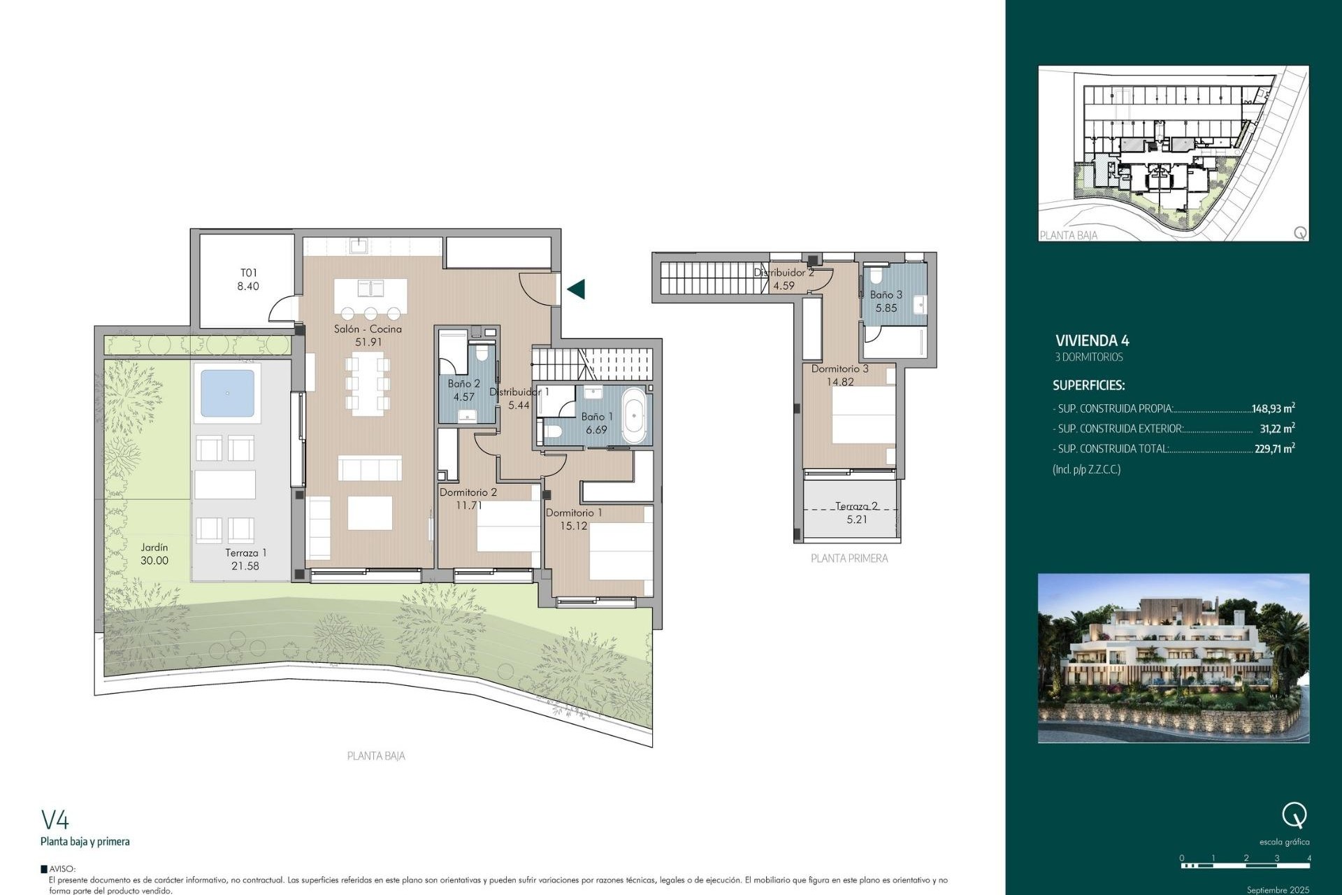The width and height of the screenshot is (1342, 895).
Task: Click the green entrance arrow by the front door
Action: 577,289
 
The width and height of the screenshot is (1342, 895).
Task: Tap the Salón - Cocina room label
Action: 368,329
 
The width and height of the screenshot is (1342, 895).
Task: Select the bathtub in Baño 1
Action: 635,416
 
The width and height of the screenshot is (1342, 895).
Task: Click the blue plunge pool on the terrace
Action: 227,393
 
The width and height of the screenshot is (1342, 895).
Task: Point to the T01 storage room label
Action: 248,273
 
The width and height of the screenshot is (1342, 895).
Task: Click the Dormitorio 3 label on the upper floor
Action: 839,368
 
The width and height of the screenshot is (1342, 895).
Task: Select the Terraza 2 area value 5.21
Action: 856,520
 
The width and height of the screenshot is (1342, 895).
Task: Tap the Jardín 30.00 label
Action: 154,554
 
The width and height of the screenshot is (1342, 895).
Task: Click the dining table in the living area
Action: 368,384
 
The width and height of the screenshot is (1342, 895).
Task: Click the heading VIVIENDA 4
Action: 1092,341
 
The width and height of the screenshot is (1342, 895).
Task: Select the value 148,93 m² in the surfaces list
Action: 1273,408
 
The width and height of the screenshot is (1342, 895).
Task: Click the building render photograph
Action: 1173,658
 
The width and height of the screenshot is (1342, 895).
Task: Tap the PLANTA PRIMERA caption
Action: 849,558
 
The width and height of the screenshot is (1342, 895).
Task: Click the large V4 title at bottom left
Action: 55,819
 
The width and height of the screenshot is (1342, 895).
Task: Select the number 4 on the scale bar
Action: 1308,858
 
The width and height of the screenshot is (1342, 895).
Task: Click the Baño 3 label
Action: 886,295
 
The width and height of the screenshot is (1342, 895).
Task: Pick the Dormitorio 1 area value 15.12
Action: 573,526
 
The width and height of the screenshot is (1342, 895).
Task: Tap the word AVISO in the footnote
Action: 62,869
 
